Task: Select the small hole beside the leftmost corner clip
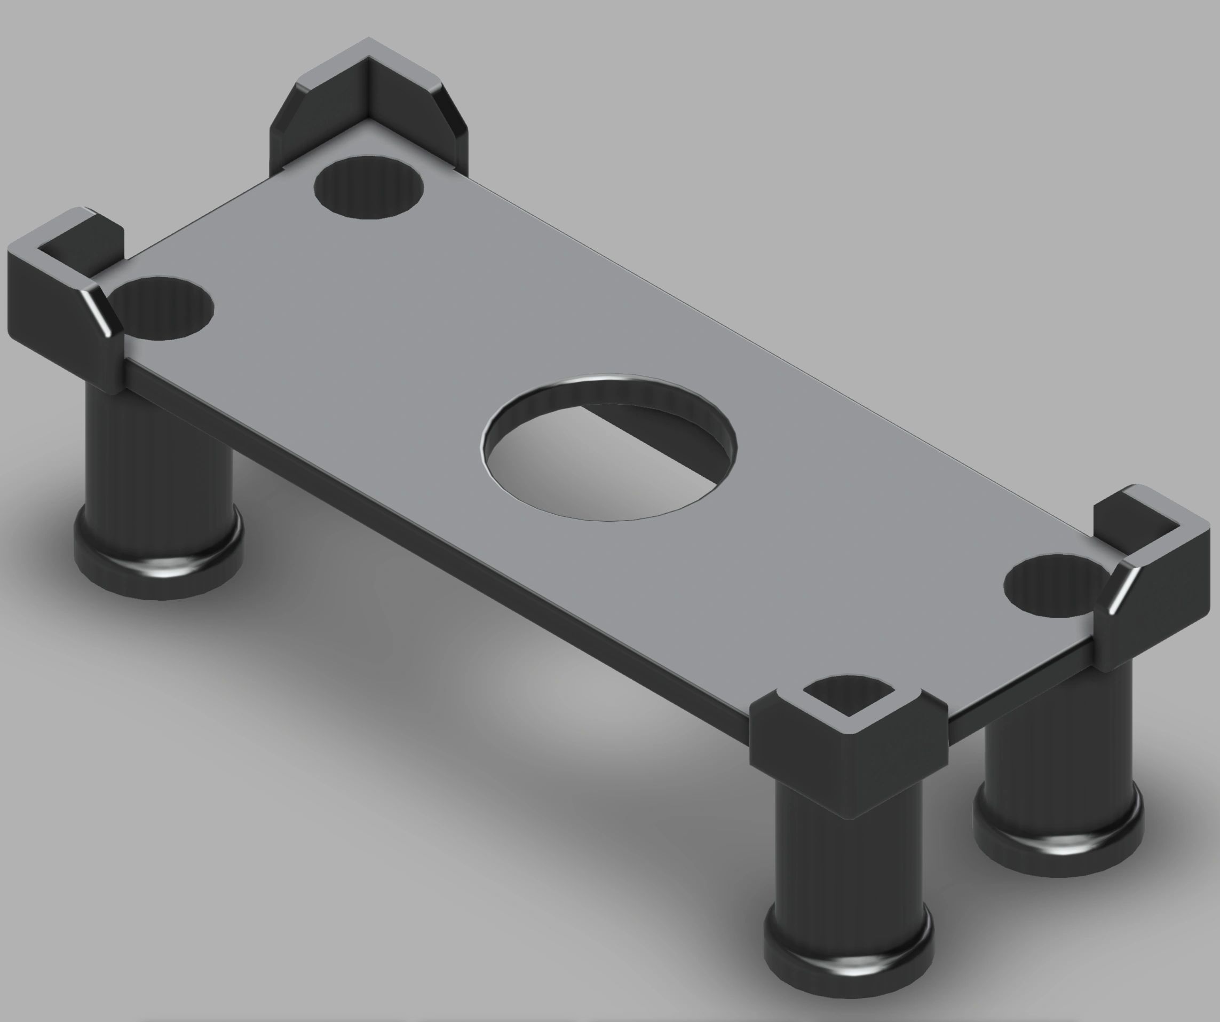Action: click(x=165, y=308)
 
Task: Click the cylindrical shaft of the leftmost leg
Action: click(x=157, y=453)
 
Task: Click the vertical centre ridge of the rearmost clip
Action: click(x=368, y=93)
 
